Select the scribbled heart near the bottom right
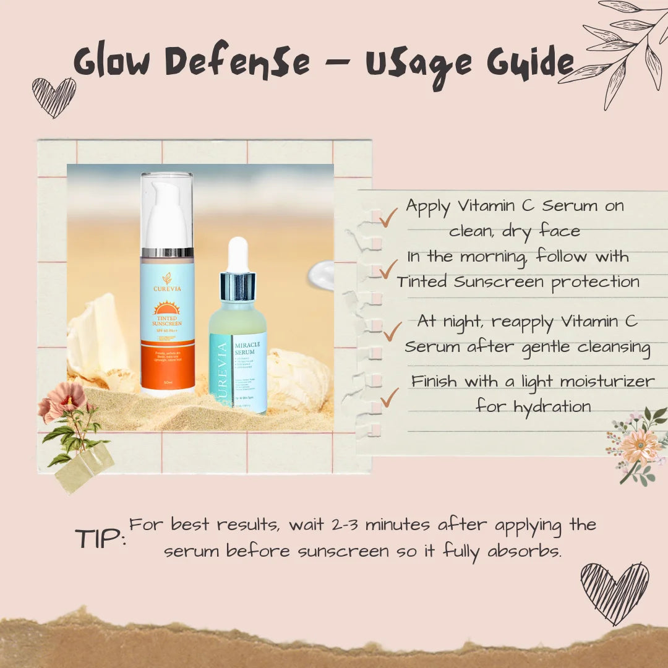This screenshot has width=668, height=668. click(614, 592)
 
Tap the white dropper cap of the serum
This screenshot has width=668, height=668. click(238, 254)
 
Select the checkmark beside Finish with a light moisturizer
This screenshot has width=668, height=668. click(388, 397)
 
